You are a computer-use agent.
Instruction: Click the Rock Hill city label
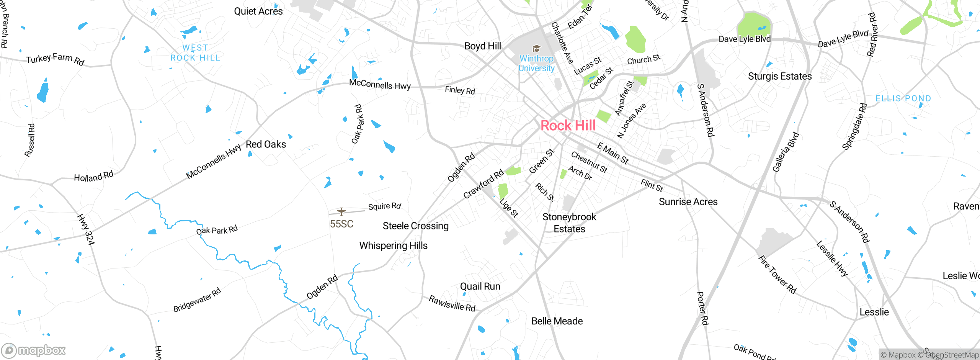568,126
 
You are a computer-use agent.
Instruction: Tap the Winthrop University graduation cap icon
536,49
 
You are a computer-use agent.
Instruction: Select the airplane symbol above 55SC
341,211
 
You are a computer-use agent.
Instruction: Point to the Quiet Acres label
258,11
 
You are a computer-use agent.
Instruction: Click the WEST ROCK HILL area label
195,53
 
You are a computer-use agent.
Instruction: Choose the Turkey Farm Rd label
55,59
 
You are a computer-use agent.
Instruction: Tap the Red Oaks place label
266,144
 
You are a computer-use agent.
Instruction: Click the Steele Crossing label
415,226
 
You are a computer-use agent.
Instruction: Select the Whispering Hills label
393,246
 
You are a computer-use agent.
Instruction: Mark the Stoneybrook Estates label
569,223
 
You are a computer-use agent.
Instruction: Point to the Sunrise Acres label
688,202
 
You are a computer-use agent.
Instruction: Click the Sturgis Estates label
780,77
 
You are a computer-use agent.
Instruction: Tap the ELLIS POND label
903,99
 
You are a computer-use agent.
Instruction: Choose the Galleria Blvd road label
786,152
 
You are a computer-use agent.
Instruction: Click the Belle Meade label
557,321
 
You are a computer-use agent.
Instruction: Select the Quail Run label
480,286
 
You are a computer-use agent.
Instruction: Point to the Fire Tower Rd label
777,275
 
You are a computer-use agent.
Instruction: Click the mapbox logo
34,350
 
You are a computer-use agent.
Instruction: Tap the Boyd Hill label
482,46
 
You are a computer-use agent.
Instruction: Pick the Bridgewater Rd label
197,300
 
